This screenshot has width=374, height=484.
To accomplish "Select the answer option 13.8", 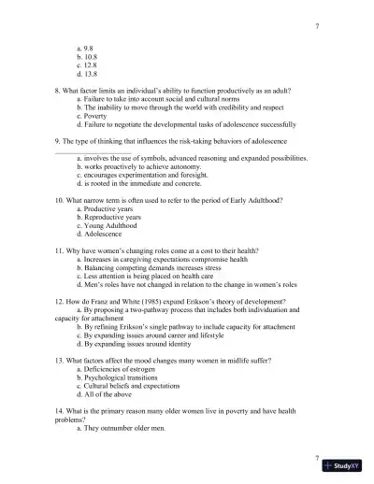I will coord(89,74).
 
